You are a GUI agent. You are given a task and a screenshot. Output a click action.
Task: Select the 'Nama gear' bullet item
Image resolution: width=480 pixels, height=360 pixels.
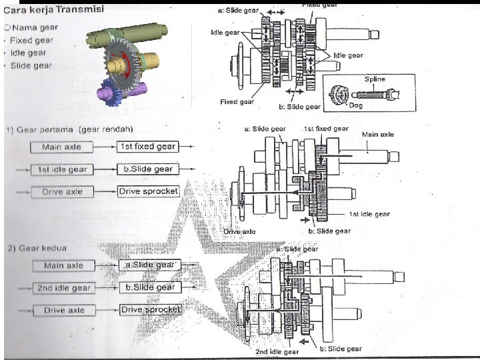(35, 27)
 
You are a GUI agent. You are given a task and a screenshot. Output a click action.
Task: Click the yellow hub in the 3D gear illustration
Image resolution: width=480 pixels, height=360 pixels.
(123, 64)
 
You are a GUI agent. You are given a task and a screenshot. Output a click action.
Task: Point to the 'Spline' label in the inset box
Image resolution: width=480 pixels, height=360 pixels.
(374, 79)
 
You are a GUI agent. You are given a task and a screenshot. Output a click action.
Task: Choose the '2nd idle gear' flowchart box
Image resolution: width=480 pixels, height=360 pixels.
(63, 288)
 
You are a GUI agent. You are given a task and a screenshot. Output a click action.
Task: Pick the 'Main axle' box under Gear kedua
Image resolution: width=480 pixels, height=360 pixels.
(63, 265)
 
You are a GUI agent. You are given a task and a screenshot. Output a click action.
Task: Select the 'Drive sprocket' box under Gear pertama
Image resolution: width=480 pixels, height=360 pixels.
(148, 191)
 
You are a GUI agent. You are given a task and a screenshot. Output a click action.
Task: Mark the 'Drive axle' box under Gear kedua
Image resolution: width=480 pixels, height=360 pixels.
(63, 311)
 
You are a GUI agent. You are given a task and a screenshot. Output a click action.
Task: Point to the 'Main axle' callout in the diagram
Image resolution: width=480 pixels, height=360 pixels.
(377, 134)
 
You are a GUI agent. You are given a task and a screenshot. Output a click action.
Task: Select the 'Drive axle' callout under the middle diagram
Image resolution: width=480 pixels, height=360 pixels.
(239, 231)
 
